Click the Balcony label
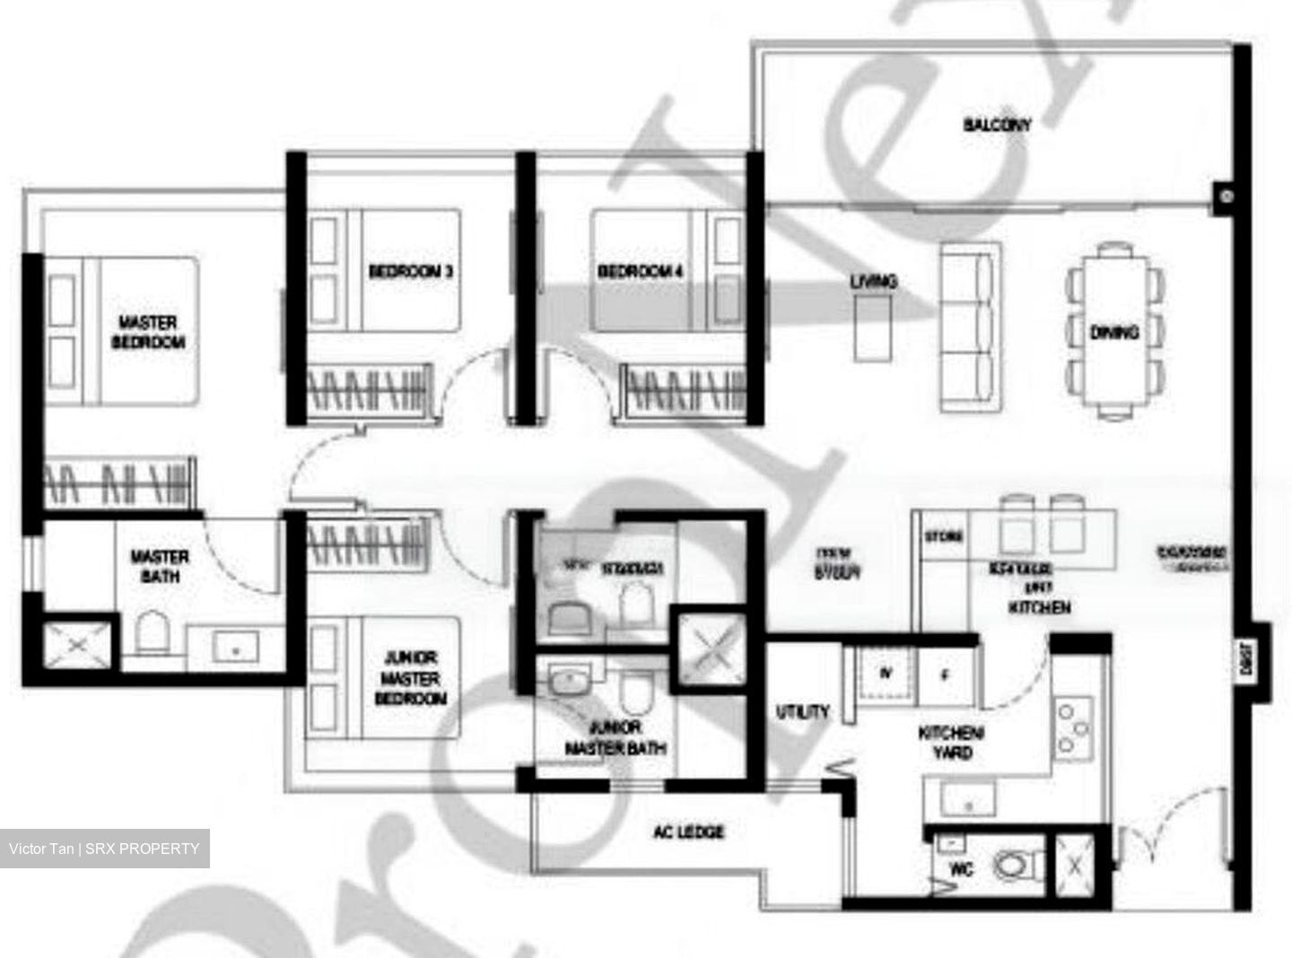point(997,125)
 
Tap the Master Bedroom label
point(148,332)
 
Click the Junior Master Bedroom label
point(410,678)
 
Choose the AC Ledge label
point(688,832)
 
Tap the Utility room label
point(802,712)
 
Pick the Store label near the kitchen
point(944,536)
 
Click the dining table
point(1115,333)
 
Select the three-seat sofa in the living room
point(970,327)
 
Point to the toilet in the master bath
point(151,634)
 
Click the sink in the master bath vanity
point(235,646)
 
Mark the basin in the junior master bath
point(567,682)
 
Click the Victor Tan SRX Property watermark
point(104,849)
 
